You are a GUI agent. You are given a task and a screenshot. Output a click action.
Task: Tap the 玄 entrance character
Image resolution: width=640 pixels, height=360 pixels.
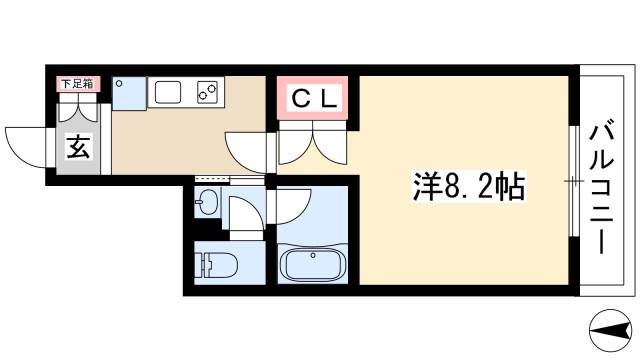[x=78, y=149]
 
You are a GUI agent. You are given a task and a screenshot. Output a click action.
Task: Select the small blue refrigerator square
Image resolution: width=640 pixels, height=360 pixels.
[x=128, y=94]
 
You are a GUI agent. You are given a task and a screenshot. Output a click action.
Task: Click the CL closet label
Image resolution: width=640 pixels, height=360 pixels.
[x=313, y=99]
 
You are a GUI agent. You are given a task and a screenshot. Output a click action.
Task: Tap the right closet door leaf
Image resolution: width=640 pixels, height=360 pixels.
[x=330, y=145]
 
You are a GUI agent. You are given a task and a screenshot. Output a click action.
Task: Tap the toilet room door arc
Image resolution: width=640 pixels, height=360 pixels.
[x=244, y=212]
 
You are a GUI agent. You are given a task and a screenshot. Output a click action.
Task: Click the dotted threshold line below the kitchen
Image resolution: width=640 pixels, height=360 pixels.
[x=228, y=178]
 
